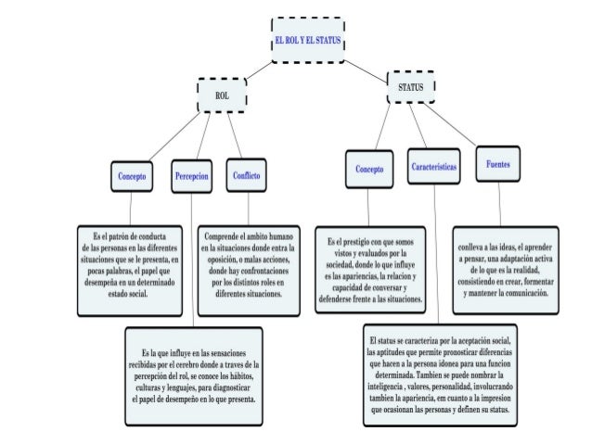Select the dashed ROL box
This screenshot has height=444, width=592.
[222, 95]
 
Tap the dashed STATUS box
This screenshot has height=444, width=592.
[409, 86]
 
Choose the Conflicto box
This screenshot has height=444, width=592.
[247, 174]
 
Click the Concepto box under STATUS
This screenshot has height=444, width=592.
[370, 170]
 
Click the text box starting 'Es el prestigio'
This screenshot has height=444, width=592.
[370, 271]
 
